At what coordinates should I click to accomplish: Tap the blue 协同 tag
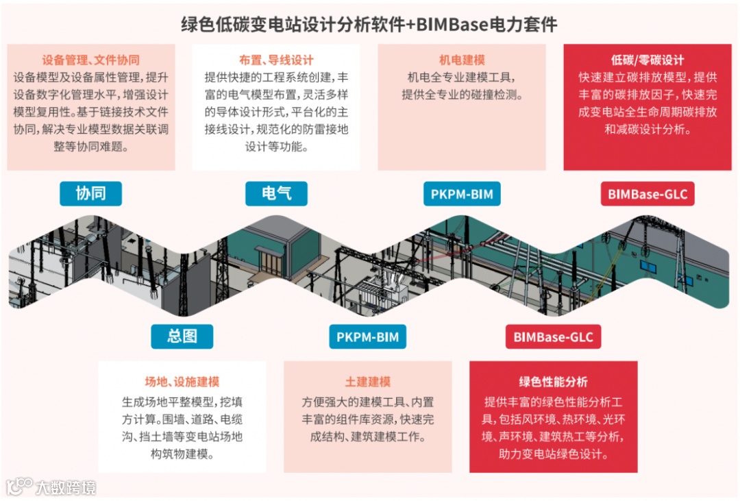coord(90,193)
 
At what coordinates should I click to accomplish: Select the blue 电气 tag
coord(276,193)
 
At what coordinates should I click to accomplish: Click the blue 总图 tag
coord(182,336)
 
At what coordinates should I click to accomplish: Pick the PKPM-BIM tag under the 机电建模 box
coord(462,194)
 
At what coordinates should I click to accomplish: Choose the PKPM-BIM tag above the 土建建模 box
coord(367,337)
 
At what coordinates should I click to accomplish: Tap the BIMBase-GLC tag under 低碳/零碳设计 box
coord(647,194)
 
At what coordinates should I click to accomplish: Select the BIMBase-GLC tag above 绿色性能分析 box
coord(553,337)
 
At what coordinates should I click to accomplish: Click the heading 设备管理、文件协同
coord(91,60)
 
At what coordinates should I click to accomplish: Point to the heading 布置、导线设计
coord(276,60)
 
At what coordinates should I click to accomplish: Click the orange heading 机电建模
coord(462,60)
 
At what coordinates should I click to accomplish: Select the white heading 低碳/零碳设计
coord(647,60)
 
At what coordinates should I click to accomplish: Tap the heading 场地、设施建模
coord(182,382)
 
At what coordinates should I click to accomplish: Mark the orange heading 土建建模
coord(368,382)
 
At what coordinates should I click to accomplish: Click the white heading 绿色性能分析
coord(553,382)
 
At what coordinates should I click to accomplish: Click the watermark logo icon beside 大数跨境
coord(18,486)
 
